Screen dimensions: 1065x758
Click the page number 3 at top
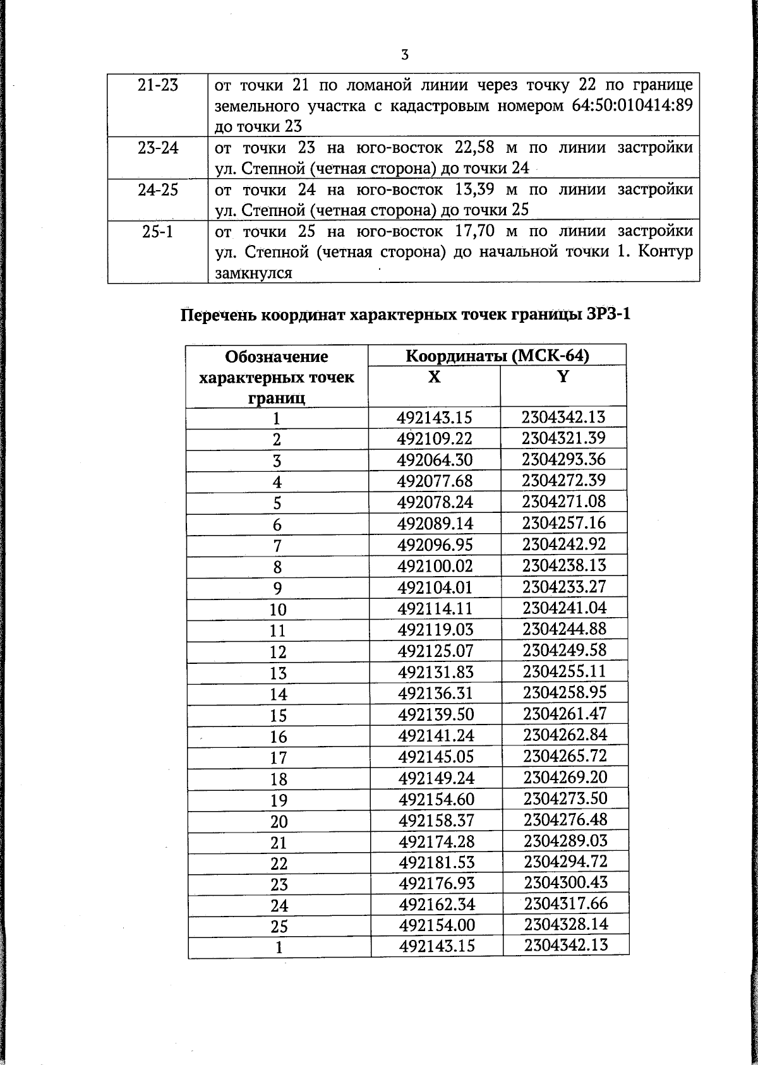point(404,55)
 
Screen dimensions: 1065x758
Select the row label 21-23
point(158,85)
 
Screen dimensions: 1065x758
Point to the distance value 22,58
point(476,148)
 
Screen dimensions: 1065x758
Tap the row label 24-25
point(158,190)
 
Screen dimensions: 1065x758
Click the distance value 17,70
point(476,231)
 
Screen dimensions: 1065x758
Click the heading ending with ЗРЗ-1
point(406,315)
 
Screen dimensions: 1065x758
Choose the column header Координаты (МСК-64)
point(496,356)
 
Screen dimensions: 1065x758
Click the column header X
point(434,377)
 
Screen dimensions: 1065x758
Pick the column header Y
point(563,377)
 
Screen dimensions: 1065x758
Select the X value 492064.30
point(435,460)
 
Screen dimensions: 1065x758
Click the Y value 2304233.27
point(564,587)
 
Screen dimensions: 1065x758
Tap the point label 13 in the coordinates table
point(278,673)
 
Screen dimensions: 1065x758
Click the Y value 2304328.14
point(566,925)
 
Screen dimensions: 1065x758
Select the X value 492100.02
point(435,566)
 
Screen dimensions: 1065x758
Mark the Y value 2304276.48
point(565,820)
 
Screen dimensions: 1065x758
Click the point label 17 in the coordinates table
point(278,758)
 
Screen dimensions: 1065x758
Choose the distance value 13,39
point(476,190)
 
